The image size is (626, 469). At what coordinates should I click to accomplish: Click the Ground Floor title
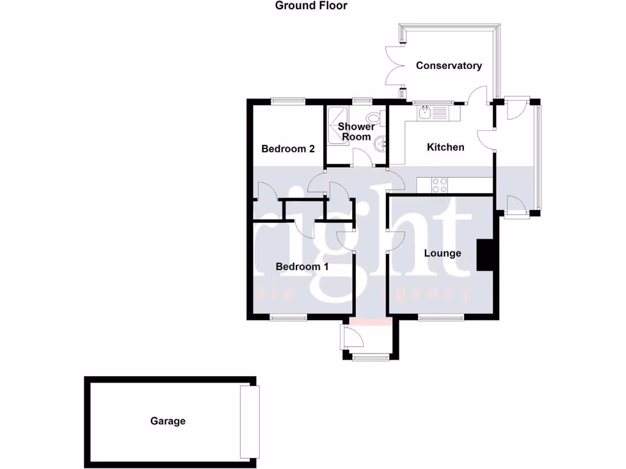click(x=311, y=6)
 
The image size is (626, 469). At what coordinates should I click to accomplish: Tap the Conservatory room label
click(x=449, y=66)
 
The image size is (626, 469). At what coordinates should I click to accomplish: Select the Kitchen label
click(x=445, y=147)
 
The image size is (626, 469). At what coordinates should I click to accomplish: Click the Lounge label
click(x=442, y=253)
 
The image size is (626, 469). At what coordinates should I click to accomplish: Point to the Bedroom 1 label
click(x=302, y=267)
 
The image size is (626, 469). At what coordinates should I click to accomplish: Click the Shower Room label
click(x=356, y=132)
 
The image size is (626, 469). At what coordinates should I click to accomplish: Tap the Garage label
click(x=168, y=421)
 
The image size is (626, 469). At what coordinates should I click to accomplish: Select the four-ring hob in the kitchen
click(x=439, y=185)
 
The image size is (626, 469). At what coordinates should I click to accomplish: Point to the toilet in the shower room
click(x=374, y=118)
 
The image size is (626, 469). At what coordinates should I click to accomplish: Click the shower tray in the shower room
click(x=337, y=126)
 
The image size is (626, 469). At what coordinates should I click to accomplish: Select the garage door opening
click(x=249, y=421)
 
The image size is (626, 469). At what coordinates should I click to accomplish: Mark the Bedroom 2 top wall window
click(x=289, y=101)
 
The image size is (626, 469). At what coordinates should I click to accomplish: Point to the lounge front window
click(x=441, y=317)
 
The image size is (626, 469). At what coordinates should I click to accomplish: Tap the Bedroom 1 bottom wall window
click(x=289, y=317)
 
